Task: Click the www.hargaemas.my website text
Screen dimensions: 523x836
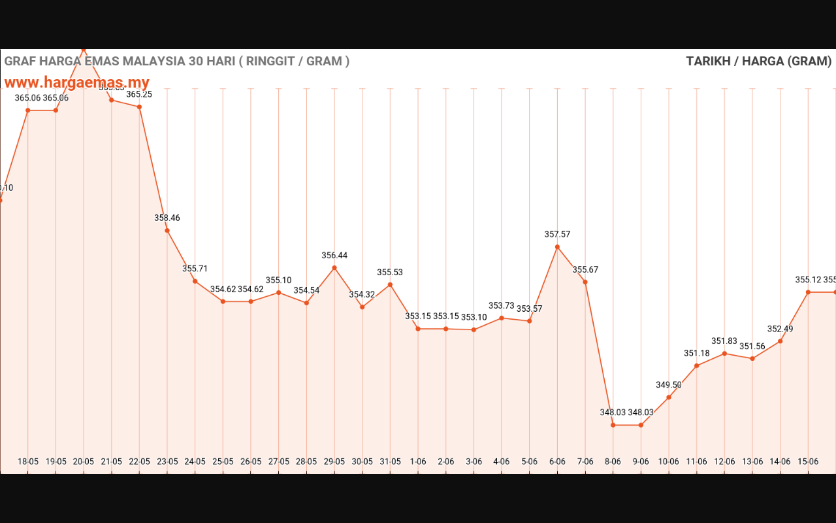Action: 77,83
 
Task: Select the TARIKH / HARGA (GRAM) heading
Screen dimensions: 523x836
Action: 758,61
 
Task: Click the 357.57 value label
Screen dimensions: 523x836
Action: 557,234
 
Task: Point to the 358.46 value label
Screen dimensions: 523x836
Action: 167,218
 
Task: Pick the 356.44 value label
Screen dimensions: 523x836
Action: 334,256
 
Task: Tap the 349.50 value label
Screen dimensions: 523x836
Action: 669,385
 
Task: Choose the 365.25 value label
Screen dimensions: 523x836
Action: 139,95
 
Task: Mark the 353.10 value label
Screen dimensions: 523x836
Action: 474,317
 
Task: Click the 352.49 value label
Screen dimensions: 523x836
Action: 780,329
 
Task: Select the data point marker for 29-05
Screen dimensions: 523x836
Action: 334,268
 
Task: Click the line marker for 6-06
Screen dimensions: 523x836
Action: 557,246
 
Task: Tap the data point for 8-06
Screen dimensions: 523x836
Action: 613,425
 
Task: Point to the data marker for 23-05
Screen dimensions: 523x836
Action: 167,230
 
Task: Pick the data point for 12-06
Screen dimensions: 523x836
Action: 724,354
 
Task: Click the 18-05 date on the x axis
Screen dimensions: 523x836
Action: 28,462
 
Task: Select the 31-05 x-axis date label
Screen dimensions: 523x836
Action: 390,462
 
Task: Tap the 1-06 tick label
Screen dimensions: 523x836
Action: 418,462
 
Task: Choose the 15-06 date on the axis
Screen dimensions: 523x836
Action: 808,462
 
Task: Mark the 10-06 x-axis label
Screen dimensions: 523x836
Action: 669,462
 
